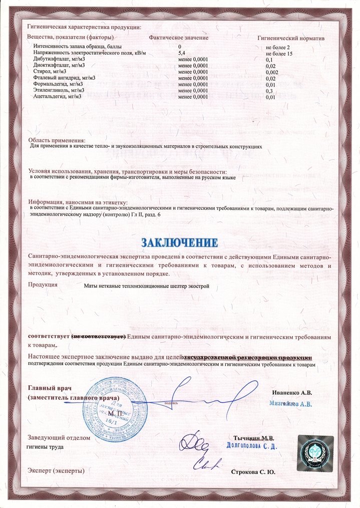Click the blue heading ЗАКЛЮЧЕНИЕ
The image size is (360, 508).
(180, 243)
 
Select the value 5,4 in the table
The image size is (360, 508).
(183, 52)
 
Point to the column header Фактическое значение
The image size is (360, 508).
(179, 38)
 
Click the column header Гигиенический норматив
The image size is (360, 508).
(291, 38)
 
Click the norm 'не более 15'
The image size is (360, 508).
(279, 52)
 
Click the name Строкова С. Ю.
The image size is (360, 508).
(253, 472)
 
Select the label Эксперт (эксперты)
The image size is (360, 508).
(56, 471)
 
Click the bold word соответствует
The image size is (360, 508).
(49, 336)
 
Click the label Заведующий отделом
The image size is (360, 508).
(59, 437)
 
